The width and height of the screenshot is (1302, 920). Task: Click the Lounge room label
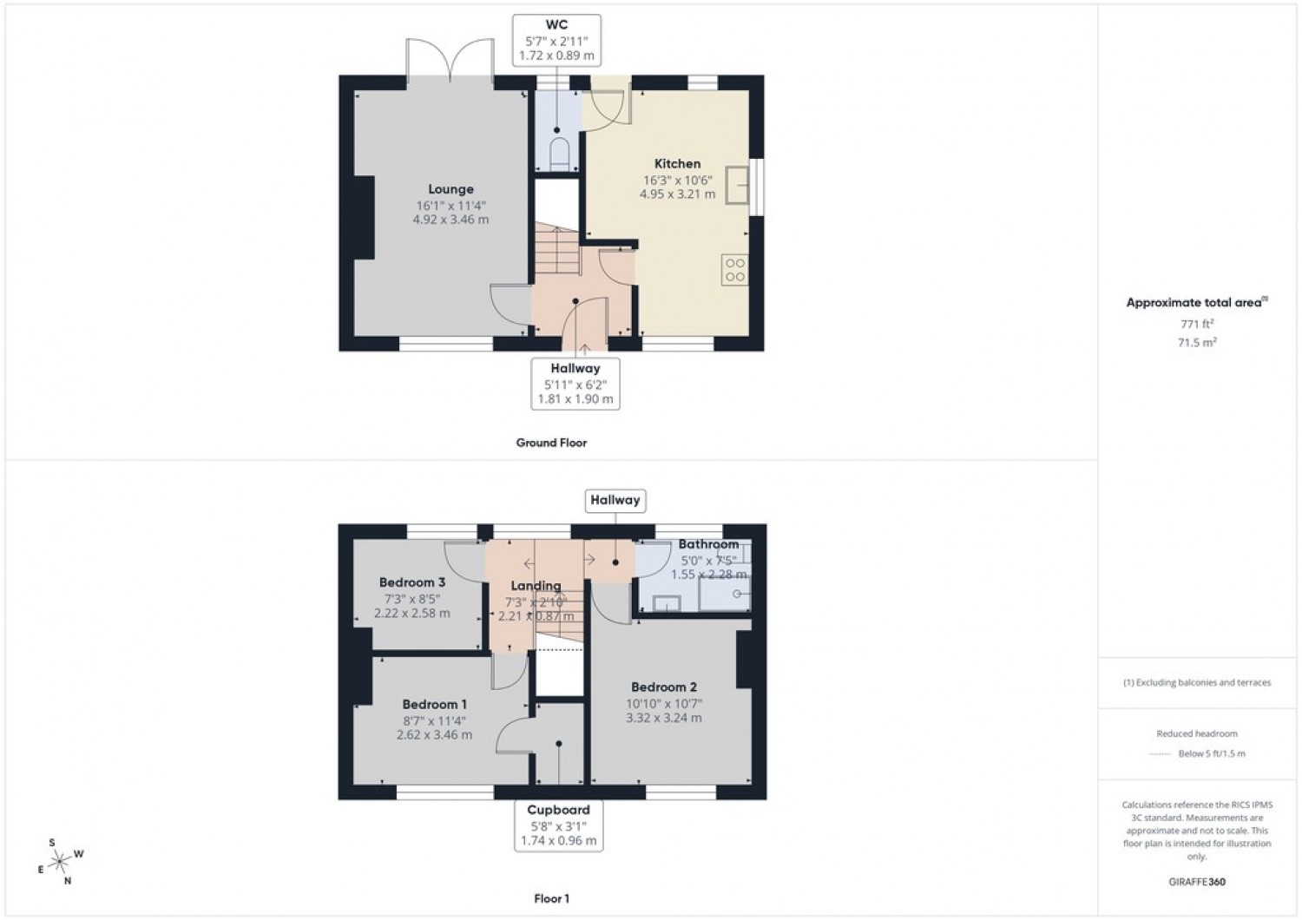pyautogui.click(x=450, y=189)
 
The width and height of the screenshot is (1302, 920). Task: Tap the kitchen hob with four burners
pyautogui.click(x=734, y=269)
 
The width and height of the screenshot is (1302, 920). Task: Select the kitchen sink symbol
pyautogui.click(x=737, y=185)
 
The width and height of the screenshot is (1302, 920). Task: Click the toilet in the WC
pyautogui.click(x=558, y=154)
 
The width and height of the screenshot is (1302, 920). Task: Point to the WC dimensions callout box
pyautogui.click(x=556, y=40)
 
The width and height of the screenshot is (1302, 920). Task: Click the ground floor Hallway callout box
pyautogui.click(x=575, y=384)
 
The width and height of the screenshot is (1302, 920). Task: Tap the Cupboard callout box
pyautogui.click(x=558, y=825)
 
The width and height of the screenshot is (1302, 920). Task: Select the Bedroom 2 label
pyautogui.click(x=664, y=687)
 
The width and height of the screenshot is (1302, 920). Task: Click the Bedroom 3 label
pyautogui.click(x=412, y=582)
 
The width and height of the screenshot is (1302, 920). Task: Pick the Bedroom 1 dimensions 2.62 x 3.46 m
pyautogui.click(x=434, y=734)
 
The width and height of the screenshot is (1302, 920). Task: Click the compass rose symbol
pyautogui.click(x=59, y=861)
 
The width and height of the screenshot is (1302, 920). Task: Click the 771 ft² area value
pyautogui.click(x=1196, y=324)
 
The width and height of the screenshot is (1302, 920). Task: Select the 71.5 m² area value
pyautogui.click(x=1196, y=342)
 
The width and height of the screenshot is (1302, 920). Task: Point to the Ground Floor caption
pyautogui.click(x=551, y=443)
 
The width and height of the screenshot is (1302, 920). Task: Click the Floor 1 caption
pyautogui.click(x=551, y=899)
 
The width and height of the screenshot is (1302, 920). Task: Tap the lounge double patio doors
pyautogui.click(x=450, y=63)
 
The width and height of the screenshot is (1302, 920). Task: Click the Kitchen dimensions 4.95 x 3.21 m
pyautogui.click(x=677, y=194)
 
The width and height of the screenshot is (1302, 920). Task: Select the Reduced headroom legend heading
pyautogui.click(x=1196, y=733)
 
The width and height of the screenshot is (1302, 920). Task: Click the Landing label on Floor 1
pyautogui.click(x=536, y=586)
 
